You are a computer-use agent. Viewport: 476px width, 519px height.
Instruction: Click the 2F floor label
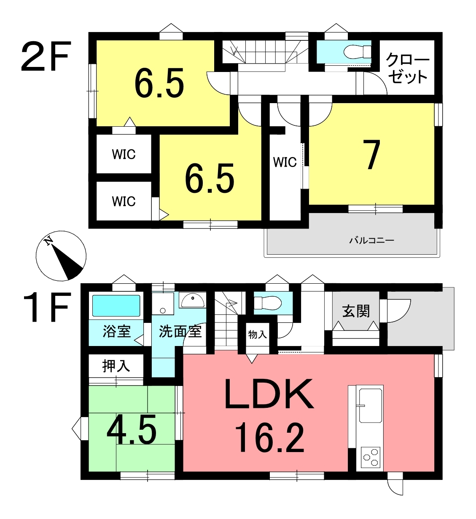[46, 56]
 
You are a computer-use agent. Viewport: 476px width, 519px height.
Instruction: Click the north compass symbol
[61, 256]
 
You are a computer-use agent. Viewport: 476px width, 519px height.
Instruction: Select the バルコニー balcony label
[371, 241]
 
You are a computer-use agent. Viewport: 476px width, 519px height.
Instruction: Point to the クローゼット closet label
[407, 68]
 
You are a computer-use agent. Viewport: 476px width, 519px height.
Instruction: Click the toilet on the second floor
[357, 52]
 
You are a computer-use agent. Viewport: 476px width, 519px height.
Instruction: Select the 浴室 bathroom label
[117, 331]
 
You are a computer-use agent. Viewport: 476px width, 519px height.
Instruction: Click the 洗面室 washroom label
[180, 331]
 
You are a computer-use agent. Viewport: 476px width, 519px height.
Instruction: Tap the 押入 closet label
[116, 366]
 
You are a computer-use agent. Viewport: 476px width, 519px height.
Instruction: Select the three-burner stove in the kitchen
[370, 457]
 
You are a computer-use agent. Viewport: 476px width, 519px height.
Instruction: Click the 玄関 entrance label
[356, 311]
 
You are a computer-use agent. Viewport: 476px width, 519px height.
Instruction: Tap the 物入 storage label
[258, 335]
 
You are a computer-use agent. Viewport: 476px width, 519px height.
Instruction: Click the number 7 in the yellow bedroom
[371, 154]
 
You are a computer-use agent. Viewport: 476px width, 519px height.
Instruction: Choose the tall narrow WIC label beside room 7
[285, 162]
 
